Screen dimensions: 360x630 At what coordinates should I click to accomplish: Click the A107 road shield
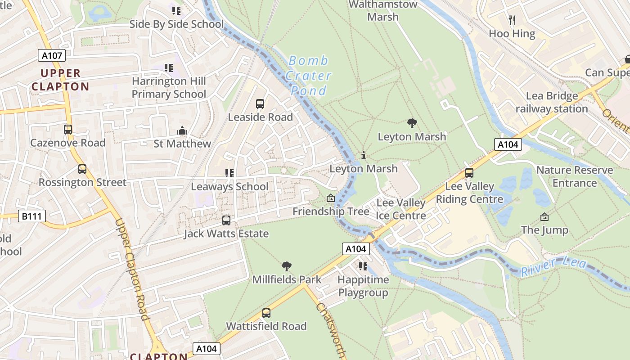[52, 56]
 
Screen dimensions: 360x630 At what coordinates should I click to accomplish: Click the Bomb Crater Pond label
[308, 76]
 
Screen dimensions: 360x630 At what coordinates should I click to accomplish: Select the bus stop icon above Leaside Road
[260, 104]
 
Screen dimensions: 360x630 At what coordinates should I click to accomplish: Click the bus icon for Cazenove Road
[68, 130]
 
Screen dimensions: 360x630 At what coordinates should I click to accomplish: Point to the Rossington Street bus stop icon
[82, 169]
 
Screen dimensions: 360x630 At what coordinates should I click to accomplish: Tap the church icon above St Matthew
[182, 131]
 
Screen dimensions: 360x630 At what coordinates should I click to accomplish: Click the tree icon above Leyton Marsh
[412, 123]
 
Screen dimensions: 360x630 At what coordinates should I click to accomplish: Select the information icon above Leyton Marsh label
[364, 156]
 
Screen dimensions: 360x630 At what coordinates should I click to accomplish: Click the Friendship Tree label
[331, 211]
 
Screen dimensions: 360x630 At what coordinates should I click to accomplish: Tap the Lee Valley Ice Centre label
[400, 209]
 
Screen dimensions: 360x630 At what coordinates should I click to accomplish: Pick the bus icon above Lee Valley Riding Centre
[469, 173]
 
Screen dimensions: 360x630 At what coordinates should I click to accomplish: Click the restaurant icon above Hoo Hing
[512, 20]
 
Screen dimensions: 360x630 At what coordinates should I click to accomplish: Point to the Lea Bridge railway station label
[552, 103]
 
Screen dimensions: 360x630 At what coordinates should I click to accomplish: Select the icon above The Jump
[544, 217]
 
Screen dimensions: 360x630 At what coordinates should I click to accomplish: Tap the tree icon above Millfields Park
[286, 266]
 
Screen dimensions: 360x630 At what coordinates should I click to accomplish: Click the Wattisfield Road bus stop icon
[266, 313]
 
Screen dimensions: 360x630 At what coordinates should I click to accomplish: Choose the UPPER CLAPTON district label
[60, 80]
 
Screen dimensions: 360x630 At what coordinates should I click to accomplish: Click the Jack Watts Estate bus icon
[226, 220]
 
